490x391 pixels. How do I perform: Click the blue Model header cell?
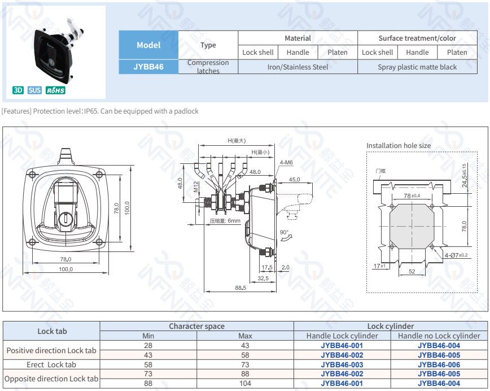click(x=148, y=45)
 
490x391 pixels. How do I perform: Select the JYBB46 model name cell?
click(x=148, y=67)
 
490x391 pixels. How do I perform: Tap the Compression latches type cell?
click(x=208, y=67)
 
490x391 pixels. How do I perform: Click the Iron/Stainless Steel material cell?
click(x=297, y=67)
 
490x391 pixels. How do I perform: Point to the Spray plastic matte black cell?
click(x=417, y=67)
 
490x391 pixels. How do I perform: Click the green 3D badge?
click(x=18, y=90)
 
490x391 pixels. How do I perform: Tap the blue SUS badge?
click(x=34, y=90)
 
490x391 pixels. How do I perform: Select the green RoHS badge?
click(x=55, y=90)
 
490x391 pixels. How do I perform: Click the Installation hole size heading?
click(x=398, y=145)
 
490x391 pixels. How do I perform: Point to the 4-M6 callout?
click(x=286, y=163)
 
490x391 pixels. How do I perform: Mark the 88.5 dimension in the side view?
click(x=240, y=288)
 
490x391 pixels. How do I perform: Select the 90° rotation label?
click(x=283, y=232)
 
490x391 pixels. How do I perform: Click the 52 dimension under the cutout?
click(x=412, y=271)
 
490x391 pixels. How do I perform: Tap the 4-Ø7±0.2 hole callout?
click(x=456, y=255)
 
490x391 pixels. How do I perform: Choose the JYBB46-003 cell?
click(x=342, y=364)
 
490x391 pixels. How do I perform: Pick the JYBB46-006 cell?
click(x=439, y=364)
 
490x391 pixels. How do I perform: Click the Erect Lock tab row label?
click(x=51, y=364)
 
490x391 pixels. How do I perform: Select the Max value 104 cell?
click(x=245, y=384)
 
